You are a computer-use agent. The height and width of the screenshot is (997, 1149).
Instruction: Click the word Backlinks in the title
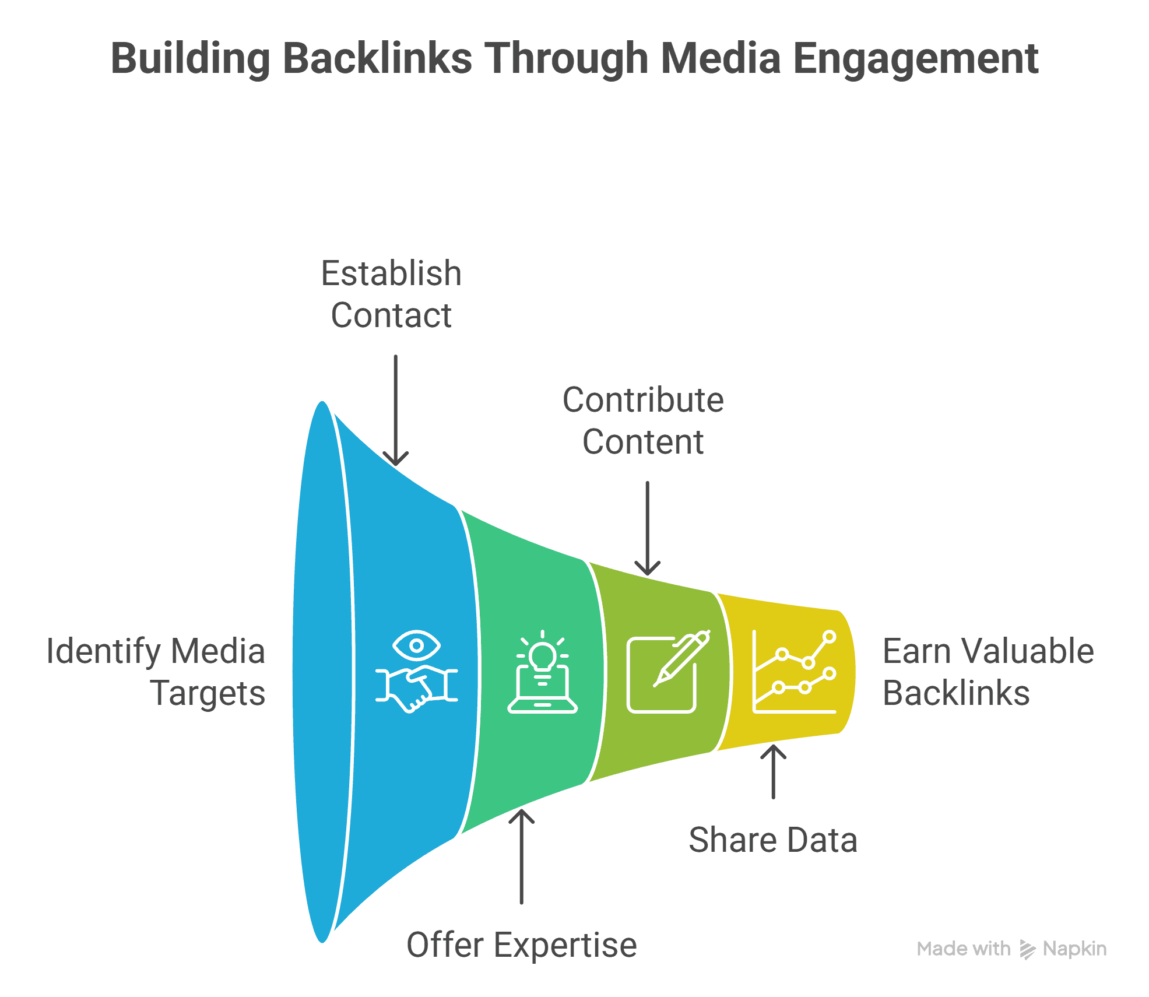pos(377,59)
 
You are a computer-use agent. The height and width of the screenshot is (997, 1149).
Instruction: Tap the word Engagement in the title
pos(916,59)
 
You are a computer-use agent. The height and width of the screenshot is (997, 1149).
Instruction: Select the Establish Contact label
pos(391,294)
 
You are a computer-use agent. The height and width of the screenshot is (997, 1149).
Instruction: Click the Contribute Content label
pos(643,420)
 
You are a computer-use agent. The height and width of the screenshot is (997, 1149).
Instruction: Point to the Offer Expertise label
pos(521,945)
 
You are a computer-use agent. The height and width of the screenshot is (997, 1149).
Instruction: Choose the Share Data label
pos(772,840)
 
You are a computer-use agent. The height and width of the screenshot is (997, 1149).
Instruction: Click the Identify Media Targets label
pos(156,672)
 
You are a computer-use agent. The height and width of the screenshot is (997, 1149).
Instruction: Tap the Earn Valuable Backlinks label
pos(988,672)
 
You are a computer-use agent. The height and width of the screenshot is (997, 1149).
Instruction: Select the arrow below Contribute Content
pos(647,528)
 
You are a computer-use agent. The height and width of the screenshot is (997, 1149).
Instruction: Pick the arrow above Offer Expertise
pos(521,856)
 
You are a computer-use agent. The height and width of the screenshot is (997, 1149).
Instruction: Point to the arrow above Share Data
pos(773,772)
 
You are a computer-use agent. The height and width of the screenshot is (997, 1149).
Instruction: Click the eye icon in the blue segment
pos(416,645)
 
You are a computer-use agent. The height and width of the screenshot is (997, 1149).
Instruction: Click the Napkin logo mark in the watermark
pos(1027,949)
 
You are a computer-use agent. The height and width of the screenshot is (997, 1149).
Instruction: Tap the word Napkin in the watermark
pos(1074,949)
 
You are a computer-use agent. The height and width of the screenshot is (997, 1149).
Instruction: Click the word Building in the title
pos(190,59)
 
